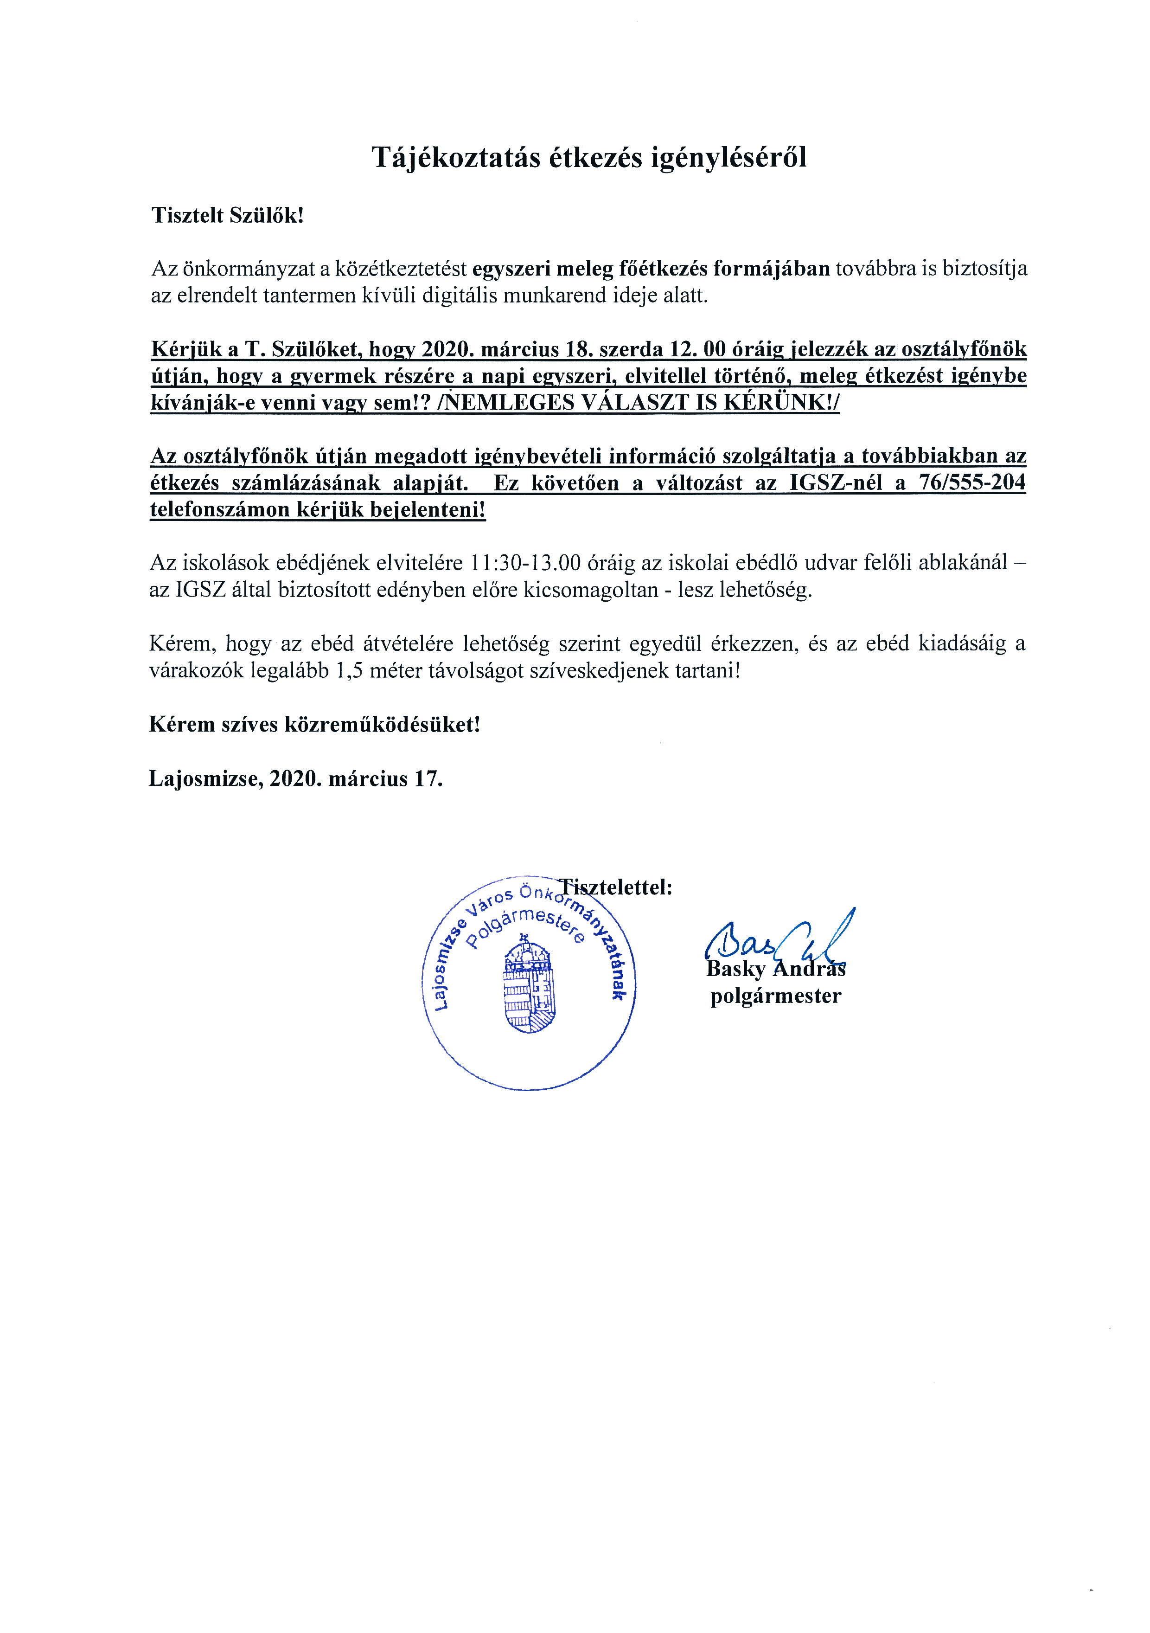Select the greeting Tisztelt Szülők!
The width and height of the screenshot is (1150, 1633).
point(227,216)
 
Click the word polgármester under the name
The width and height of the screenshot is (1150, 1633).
point(775,996)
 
